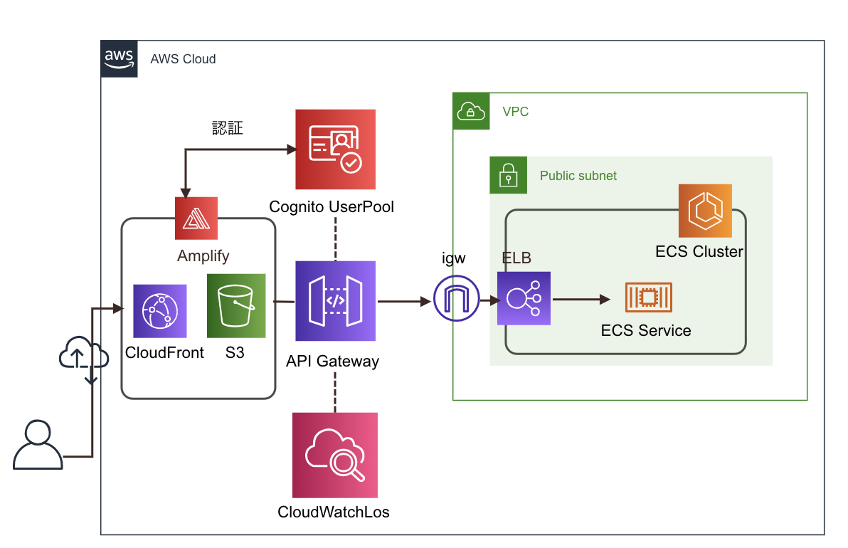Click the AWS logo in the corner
click(120, 59)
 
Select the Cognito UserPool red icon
click(335, 150)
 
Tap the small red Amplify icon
click(196, 218)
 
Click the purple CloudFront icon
click(160, 311)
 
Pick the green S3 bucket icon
click(236, 306)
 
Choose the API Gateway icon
click(335, 301)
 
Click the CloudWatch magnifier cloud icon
click(335, 455)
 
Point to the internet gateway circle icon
click(456, 300)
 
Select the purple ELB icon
click(524, 299)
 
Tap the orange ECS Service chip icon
click(648, 297)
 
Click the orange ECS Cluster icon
click(705, 211)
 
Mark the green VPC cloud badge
click(472, 111)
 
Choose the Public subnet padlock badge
click(508, 175)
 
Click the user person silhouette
click(38, 446)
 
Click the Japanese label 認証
click(228, 128)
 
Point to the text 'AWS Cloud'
click(183, 59)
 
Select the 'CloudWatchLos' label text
click(334, 512)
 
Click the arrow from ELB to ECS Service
click(581, 300)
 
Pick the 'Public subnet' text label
click(578, 176)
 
